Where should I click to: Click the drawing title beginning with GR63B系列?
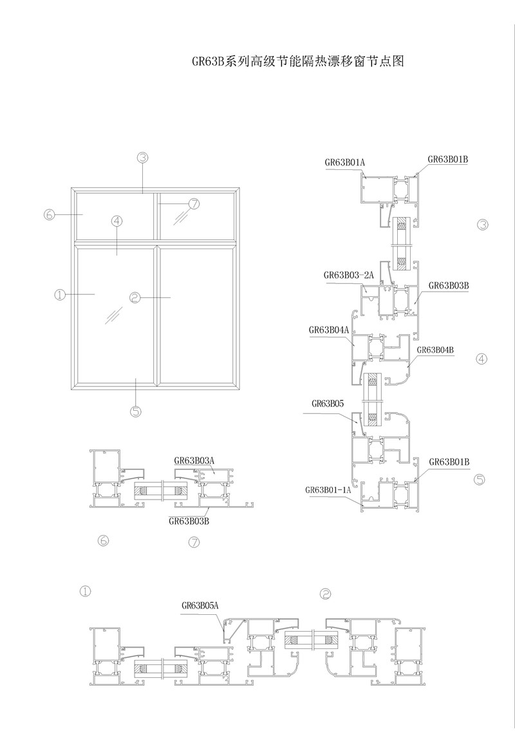click(x=298, y=61)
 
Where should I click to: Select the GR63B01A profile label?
click(x=345, y=162)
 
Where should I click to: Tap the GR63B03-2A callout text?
click(x=349, y=276)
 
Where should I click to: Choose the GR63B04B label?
click(x=435, y=350)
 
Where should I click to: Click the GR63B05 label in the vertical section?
click(x=328, y=404)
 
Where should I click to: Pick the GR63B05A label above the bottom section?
click(x=200, y=606)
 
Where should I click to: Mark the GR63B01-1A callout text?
click(x=328, y=490)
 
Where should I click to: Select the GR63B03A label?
click(x=194, y=461)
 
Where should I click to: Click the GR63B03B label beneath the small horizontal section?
click(x=189, y=522)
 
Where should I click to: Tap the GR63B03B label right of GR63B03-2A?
click(x=449, y=286)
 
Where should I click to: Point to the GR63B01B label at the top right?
click(x=448, y=159)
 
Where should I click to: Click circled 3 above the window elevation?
click(x=142, y=157)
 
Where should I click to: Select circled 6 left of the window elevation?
click(x=50, y=214)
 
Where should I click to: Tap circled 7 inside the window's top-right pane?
click(x=194, y=204)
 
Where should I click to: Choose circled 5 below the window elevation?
click(x=136, y=411)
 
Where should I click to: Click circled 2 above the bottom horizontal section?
click(x=326, y=594)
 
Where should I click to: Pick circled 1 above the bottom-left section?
click(x=85, y=591)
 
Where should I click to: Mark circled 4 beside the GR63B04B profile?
click(x=482, y=359)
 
